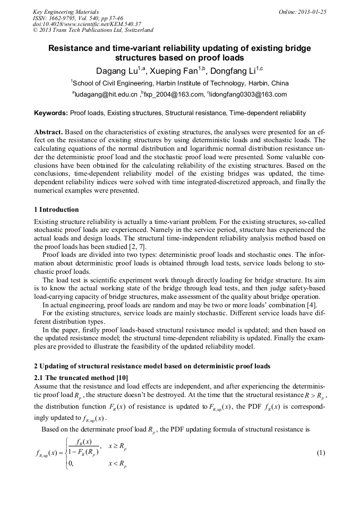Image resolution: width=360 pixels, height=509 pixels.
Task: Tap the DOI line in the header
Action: [87, 24]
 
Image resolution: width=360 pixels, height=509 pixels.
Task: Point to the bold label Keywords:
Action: [51, 113]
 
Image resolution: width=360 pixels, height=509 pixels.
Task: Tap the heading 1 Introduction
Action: [56, 209]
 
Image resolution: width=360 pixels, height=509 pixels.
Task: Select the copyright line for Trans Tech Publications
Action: [93, 30]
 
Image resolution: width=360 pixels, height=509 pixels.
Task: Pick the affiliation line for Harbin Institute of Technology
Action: [180, 83]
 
